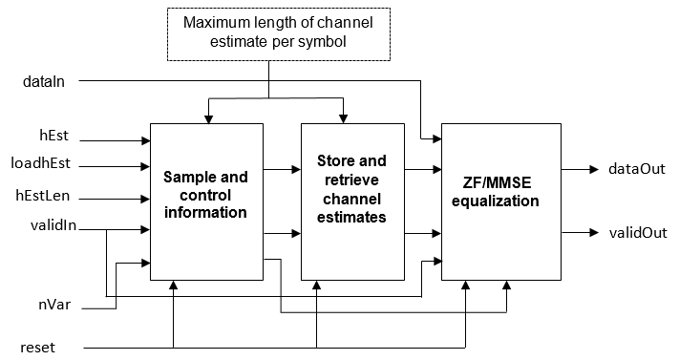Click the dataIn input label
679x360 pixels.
(43, 82)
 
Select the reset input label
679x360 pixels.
(37, 346)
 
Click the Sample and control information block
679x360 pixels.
(205, 201)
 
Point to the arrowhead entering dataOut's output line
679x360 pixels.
(593, 170)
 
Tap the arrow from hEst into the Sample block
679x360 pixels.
(146, 140)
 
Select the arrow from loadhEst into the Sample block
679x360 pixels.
(146, 170)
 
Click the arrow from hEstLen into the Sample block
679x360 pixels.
(146, 200)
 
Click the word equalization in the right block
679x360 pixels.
(497, 201)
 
